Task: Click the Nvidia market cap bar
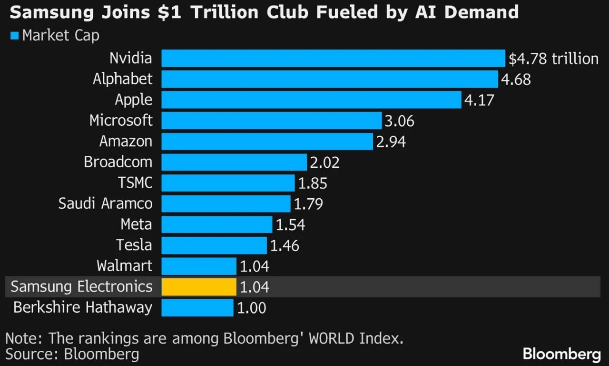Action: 334,58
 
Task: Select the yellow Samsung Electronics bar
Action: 199,287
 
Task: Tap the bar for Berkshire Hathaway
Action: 197,308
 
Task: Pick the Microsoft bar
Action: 272,121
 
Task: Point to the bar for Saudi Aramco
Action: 226,203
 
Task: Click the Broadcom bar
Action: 234,162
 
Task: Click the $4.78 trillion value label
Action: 553,59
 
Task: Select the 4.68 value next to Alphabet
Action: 516,80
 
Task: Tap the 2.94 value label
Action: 391,142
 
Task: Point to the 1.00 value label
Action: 252,308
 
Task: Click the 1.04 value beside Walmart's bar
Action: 255,266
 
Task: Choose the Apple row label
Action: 134,100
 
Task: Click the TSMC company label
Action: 135,183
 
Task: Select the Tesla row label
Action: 134,245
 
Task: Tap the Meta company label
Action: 136,224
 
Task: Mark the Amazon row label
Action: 126,141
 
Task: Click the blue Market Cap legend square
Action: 14,36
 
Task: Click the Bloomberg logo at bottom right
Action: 562,355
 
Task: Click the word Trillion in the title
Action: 224,12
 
